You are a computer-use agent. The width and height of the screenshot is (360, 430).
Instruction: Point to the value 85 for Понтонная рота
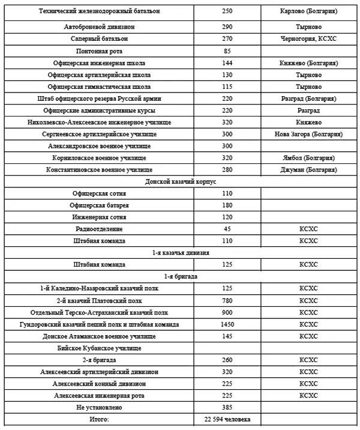(x=227, y=51)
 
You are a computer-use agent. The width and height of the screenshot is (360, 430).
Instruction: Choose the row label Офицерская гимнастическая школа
(x=100, y=86)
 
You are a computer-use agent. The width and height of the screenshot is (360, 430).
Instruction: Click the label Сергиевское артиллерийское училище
(x=100, y=134)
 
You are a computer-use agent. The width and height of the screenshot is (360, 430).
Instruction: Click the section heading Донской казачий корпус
(x=181, y=181)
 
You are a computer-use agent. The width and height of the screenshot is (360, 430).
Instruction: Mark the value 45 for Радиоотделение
(x=227, y=229)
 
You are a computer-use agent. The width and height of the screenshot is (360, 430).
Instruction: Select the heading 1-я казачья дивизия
(x=181, y=253)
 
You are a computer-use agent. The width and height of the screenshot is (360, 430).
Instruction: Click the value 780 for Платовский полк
(x=227, y=300)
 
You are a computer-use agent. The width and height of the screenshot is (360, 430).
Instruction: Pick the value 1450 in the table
(x=227, y=324)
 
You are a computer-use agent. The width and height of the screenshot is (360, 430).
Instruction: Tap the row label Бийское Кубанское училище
(x=100, y=348)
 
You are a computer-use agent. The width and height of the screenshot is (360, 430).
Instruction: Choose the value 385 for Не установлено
(x=227, y=407)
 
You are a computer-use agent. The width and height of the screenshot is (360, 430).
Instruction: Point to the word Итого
(x=100, y=419)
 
